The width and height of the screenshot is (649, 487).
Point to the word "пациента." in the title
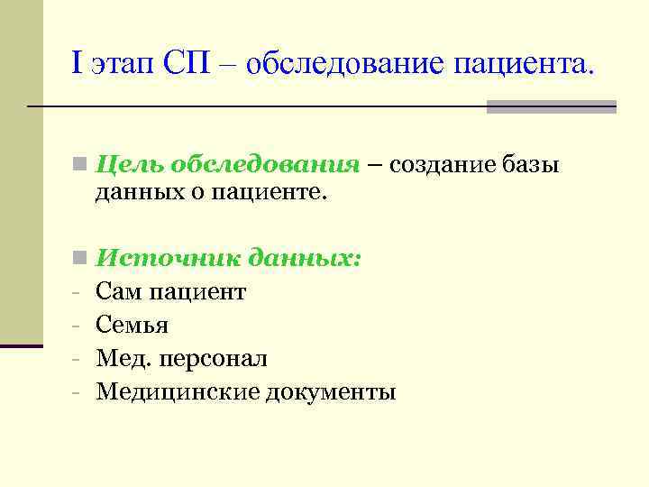pyautogui.click(x=525, y=63)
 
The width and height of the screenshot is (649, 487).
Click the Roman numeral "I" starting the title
pyautogui.click(x=77, y=63)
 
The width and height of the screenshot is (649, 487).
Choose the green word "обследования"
pyautogui.click(x=263, y=166)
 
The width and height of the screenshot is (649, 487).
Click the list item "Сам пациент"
pyautogui.click(x=170, y=291)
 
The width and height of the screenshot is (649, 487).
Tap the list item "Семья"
pyautogui.click(x=132, y=325)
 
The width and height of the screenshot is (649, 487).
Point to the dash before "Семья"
pyautogui.click(x=78, y=326)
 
